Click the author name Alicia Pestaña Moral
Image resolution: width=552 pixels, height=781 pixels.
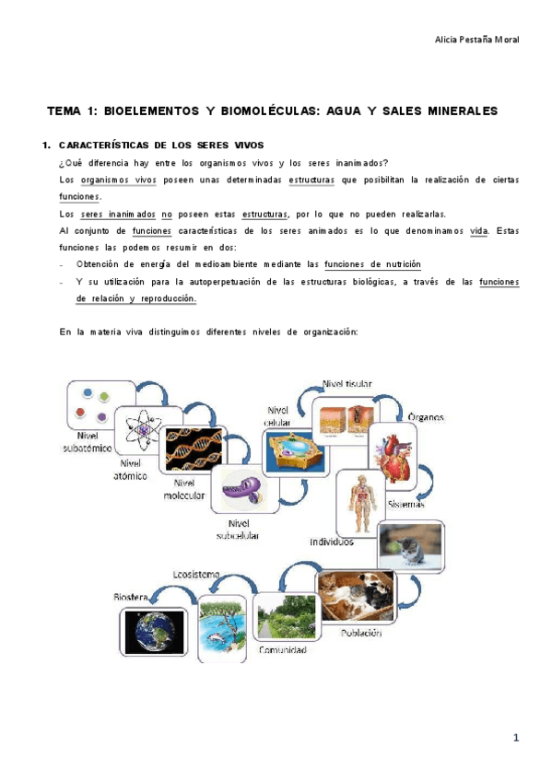tap(476, 40)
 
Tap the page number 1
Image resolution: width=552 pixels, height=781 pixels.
tap(516, 738)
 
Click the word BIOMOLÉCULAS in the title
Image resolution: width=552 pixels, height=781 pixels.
tap(269, 111)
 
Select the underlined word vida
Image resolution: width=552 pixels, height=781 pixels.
tap(479, 231)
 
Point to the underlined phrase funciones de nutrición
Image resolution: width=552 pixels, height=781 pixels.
tap(372, 264)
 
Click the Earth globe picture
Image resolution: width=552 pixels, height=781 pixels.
tap(154, 632)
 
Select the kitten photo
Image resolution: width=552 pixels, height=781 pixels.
tap(410, 546)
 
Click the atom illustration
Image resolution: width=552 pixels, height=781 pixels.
tap(144, 429)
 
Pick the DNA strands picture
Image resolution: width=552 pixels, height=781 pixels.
tap(194, 449)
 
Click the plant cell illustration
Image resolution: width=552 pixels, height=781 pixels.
tap(296, 452)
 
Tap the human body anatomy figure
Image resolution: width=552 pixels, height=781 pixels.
tap(361, 504)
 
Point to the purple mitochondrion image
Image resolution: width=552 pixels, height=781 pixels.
tap(244, 489)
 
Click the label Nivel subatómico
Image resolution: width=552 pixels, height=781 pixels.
tap(88, 442)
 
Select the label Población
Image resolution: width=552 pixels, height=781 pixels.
tap(361, 633)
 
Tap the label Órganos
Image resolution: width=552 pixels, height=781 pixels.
tap(426, 417)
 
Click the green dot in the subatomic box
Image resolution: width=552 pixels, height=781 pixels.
tap(104, 396)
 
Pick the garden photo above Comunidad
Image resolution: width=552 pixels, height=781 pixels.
tap(287, 617)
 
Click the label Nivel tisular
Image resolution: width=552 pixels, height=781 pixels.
tap(347, 384)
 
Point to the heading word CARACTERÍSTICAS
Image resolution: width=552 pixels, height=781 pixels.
tap(103, 146)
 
